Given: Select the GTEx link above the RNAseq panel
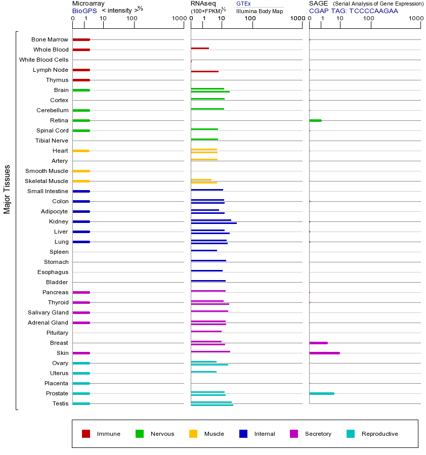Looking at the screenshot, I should coord(243,4).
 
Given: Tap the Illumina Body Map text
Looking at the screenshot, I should coord(260,11).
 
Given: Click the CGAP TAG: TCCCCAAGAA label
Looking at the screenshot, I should coord(354,11).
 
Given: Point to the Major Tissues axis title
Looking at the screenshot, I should coord(7,189).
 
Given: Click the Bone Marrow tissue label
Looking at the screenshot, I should coord(50,39).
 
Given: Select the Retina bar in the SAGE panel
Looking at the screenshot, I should coord(315,120).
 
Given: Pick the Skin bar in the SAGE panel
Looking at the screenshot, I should coord(324,353).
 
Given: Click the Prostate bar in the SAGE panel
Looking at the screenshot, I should coord(321,393).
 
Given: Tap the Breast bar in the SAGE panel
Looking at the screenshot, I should coord(318,343).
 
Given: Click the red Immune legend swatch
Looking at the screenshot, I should coord(86,434).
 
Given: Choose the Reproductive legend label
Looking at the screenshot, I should coord(379,434).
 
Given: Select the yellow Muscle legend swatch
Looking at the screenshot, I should coord(193,434).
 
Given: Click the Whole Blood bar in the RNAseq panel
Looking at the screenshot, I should coord(200,49).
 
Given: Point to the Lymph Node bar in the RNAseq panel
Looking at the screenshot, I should coord(204,72).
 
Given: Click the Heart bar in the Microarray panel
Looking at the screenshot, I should coord(81,151).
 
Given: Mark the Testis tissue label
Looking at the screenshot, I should coord(60,403).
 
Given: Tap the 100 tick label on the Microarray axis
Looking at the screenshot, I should coord(132,19).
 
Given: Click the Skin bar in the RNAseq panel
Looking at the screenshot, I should coord(210,351).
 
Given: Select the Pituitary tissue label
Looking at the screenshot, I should coord(57,333).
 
